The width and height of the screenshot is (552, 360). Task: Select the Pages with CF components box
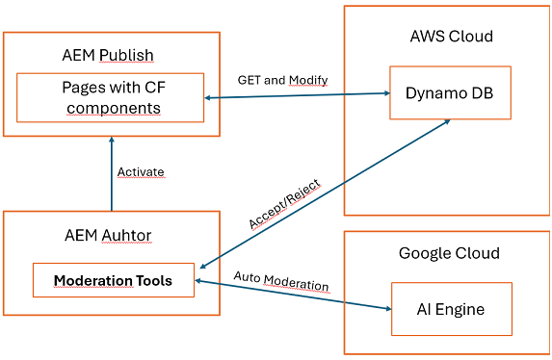coord(111,97)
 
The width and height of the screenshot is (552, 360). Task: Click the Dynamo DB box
coord(447,92)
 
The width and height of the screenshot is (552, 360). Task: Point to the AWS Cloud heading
coord(451,37)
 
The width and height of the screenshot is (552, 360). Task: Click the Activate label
coord(141,172)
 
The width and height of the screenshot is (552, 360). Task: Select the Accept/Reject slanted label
coord(284,203)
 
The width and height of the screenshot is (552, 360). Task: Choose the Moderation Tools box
coord(113,281)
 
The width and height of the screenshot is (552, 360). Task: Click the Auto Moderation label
coord(281,287)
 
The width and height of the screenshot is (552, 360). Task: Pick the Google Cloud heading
coord(450,253)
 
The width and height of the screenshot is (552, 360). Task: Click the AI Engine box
coord(451,309)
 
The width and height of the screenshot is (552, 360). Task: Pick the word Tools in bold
coord(153,281)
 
